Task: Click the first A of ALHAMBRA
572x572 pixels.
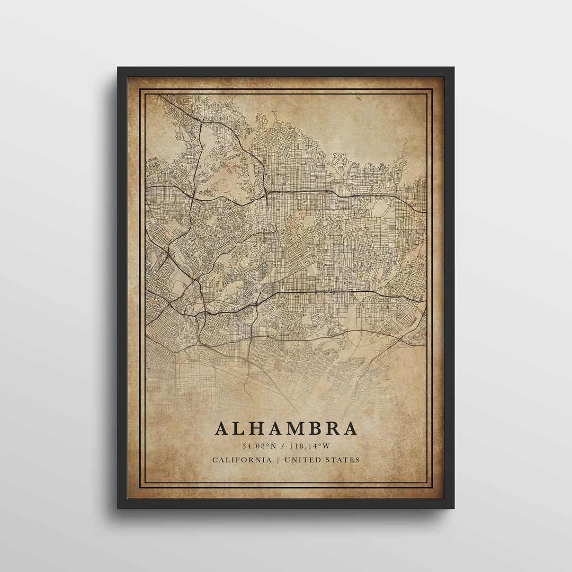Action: point(222,428)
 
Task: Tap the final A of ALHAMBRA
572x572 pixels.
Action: point(350,428)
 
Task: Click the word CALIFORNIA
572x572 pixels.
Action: point(242,460)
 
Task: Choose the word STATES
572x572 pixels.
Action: point(342,460)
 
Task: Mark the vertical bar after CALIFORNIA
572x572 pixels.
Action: point(278,460)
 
